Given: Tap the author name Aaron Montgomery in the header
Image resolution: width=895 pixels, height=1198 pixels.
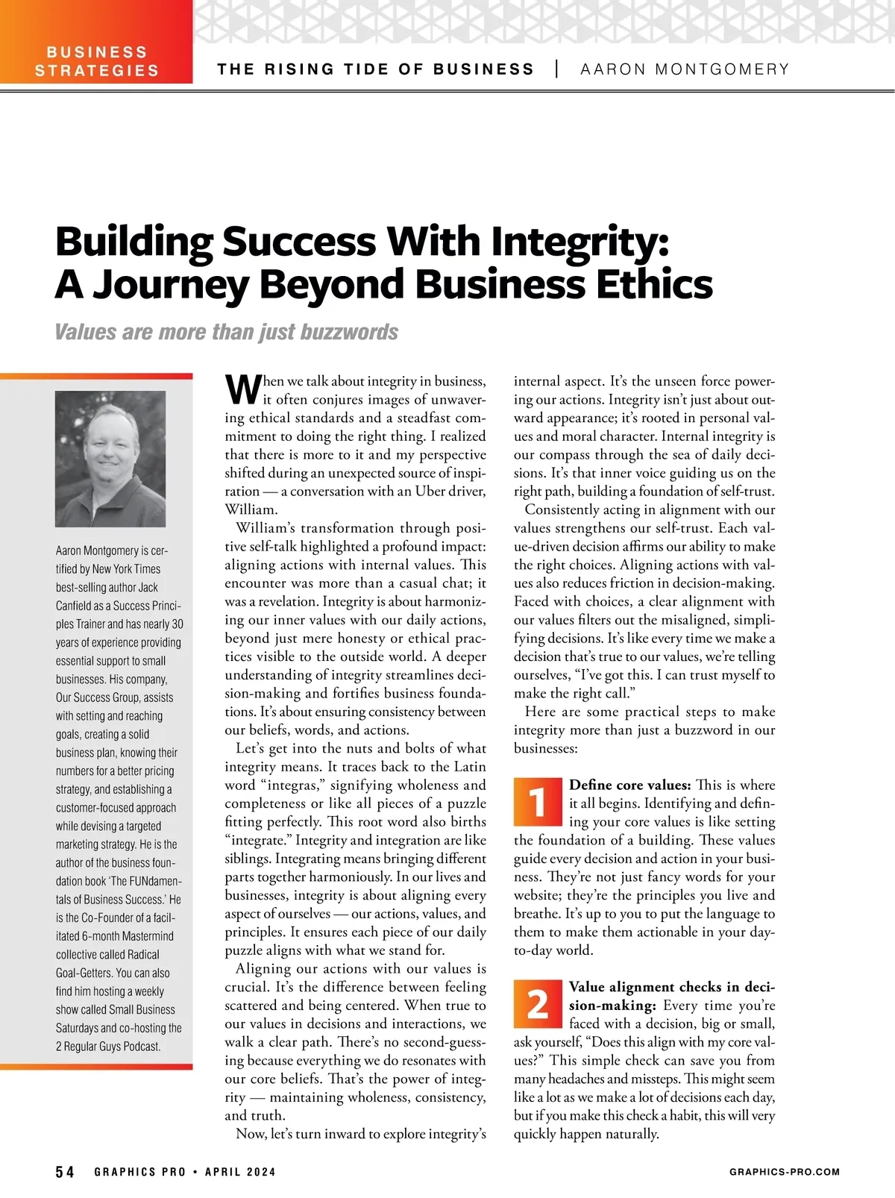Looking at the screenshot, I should point(684,69).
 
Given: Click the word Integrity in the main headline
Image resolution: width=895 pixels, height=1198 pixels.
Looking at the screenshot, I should point(574,242).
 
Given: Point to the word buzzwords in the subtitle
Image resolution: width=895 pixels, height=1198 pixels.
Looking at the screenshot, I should point(348,332).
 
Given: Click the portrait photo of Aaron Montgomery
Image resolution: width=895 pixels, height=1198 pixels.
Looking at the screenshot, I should point(110,459).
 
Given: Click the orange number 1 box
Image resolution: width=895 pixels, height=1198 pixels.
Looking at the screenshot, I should point(537,801).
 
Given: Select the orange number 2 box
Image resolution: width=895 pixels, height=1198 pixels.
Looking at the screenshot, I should point(537,1003).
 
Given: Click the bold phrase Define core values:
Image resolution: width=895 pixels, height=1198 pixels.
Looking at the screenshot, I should point(630,785).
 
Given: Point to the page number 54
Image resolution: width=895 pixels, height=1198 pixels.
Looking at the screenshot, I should point(66,1172).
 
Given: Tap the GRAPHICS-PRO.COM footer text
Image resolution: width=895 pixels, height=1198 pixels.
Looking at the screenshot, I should point(785,1172).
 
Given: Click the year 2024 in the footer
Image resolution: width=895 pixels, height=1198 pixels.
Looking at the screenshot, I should point(261,1172).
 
